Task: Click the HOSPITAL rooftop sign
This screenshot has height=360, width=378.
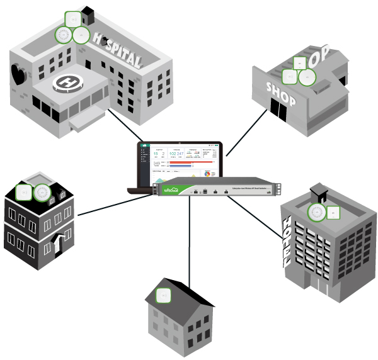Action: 119,53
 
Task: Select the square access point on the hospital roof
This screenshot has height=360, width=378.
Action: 74,20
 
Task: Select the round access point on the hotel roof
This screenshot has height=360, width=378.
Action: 317,213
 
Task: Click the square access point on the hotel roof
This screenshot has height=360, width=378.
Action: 333,212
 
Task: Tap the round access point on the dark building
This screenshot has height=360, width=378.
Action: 43,191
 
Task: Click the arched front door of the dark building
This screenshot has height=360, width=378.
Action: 58,244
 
